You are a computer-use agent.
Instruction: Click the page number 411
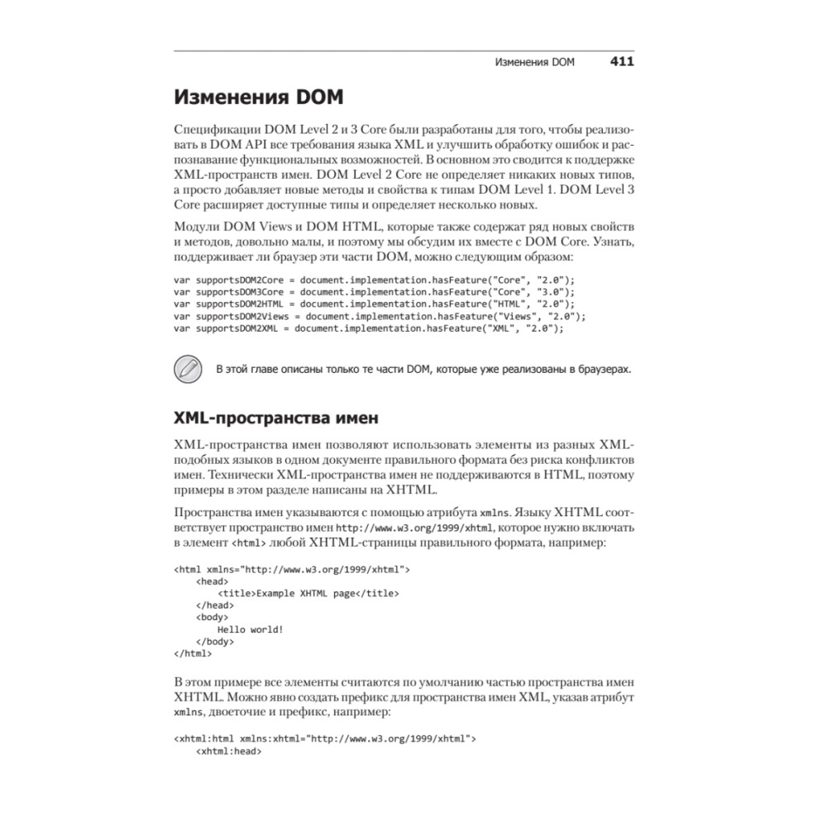pos(622,62)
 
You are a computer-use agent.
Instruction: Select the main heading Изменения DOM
pos(258,98)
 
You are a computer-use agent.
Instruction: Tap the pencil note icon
pos(189,368)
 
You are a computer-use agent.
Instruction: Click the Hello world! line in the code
pos(251,629)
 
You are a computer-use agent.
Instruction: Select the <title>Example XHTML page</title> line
pos(308,593)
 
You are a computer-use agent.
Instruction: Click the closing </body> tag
pos(215,641)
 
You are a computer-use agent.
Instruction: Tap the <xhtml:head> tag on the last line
pos(228,752)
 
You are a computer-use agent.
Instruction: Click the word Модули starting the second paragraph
pos(196,227)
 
